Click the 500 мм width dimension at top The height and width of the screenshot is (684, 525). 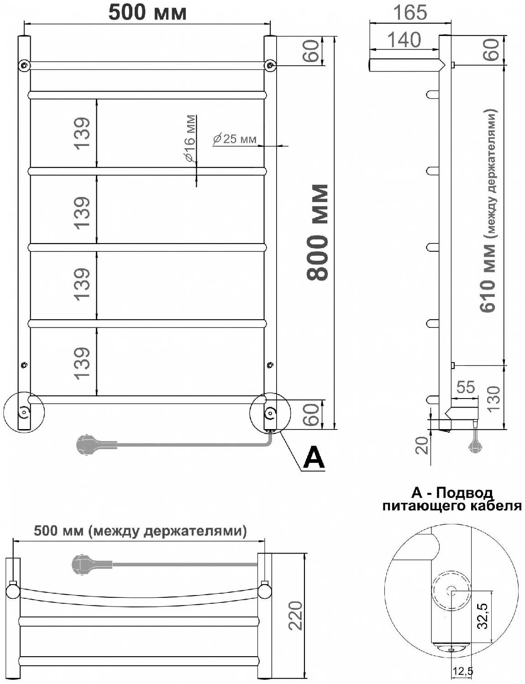[x=147, y=12]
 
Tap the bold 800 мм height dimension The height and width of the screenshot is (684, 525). [x=318, y=232]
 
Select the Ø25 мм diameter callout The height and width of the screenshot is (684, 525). [x=235, y=139]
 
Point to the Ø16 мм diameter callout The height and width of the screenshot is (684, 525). [x=190, y=139]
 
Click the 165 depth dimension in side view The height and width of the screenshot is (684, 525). [x=409, y=12]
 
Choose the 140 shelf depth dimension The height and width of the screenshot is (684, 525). [x=404, y=40]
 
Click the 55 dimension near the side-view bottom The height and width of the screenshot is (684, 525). [x=465, y=387]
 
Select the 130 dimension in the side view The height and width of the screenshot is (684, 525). [x=493, y=398]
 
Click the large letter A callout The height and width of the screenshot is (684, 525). [x=314, y=457]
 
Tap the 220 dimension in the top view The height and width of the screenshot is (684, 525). [x=295, y=616]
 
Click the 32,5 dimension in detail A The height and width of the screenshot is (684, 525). [x=483, y=616]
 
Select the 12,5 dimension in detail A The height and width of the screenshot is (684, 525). [x=462, y=671]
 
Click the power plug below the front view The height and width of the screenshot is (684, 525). [x=87, y=445]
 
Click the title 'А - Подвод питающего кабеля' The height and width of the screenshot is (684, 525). [x=451, y=499]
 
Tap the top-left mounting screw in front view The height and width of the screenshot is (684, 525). [x=24, y=65]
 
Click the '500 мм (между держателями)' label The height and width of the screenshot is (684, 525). [x=140, y=531]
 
